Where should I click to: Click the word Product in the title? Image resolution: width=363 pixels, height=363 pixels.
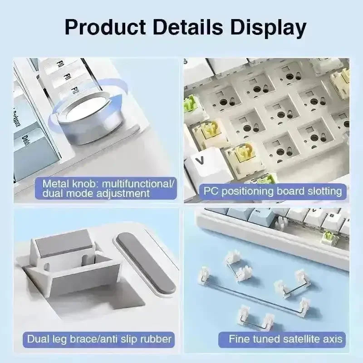(105, 27)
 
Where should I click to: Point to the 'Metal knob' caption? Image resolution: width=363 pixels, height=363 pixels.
(106, 188)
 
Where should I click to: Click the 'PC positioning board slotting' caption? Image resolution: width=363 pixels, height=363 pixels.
(273, 191)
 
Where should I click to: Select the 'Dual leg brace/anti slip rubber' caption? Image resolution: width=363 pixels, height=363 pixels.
(99, 339)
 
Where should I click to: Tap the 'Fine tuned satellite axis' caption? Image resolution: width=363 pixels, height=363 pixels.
(282, 339)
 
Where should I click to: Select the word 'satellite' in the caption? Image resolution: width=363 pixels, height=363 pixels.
(301, 339)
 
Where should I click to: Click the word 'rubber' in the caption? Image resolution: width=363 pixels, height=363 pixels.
(155, 339)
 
